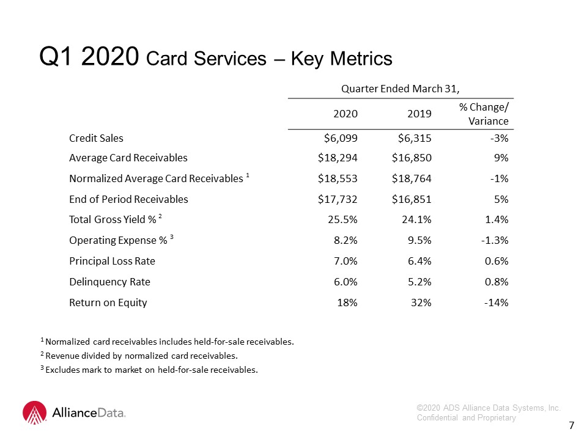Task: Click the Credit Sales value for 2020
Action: point(341,139)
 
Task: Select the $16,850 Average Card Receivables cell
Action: point(412,158)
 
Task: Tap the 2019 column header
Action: point(419,114)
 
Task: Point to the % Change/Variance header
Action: point(484,114)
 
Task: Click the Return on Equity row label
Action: point(108,302)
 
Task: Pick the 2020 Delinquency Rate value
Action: point(345,282)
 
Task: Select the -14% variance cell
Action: point(496,302)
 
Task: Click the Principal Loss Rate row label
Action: point(112,261)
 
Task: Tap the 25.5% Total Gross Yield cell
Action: point(342,219)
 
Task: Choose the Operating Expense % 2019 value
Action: point(419,240)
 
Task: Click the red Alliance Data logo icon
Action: point(35,413)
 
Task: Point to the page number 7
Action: point(571,425)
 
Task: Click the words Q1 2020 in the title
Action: point(89,56)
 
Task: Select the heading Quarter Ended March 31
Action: point(400,89)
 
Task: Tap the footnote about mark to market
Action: point(149,370)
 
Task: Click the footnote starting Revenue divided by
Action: point(139,356)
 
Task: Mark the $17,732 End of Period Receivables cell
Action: point(338,199)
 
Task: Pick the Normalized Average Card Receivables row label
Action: point(159,178)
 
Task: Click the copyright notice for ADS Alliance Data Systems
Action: point(489,413)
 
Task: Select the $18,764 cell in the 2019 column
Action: point(412,179)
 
